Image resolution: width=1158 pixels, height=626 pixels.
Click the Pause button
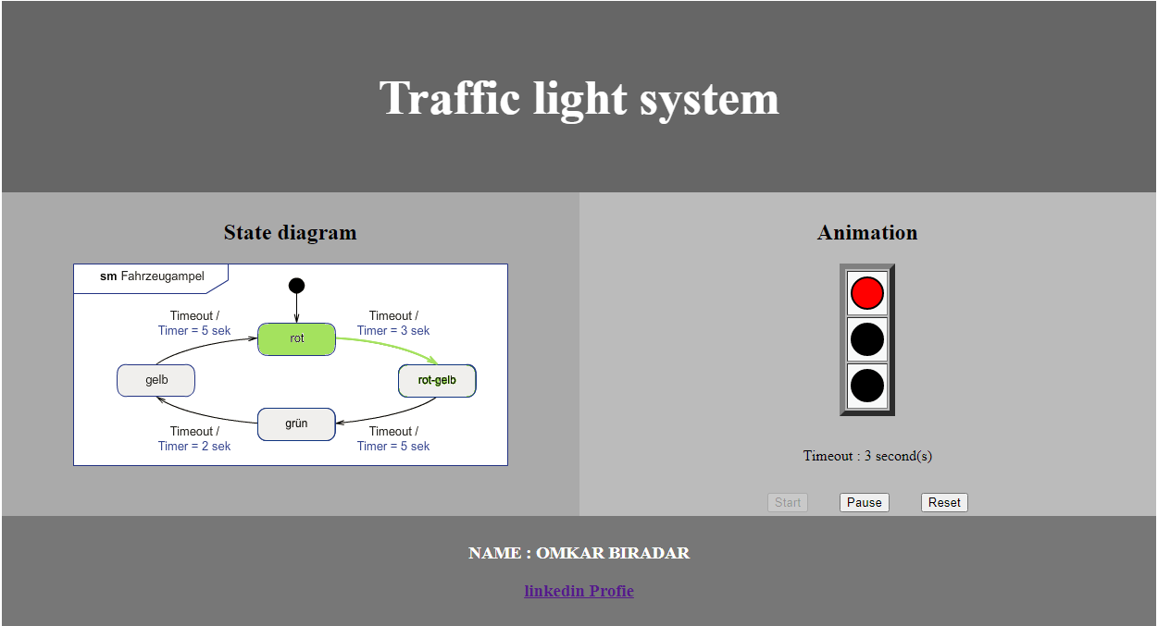(864, 502)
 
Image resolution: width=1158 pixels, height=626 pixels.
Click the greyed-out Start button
(788, 502)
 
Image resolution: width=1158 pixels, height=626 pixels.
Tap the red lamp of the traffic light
(867, 293)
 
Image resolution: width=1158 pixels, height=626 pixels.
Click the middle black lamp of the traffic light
(867, 339)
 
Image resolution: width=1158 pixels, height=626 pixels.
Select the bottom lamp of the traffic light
(867, 386)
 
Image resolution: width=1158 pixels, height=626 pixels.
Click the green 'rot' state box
(296, 338)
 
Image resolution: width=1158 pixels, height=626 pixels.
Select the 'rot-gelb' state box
(437, 380)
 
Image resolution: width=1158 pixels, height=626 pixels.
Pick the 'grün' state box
(296, 423)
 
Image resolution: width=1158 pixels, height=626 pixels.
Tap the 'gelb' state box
(156, 380)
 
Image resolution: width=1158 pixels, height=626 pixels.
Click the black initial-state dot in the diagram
(296, 285)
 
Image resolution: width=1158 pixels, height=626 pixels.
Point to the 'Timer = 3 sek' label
(393, 330)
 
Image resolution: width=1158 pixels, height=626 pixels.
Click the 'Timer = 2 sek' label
(194, 446)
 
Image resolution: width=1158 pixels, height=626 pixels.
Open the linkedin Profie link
(579, 591)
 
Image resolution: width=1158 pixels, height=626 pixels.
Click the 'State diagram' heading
(290, 232)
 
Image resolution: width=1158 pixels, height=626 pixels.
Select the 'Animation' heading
(867, 232)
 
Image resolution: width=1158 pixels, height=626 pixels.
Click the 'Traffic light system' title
(579, 97)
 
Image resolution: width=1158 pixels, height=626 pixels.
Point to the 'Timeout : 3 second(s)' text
(867, 456)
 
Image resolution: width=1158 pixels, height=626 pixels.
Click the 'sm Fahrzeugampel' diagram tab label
(152, 276)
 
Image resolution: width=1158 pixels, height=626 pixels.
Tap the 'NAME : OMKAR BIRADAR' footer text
(579, 553)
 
